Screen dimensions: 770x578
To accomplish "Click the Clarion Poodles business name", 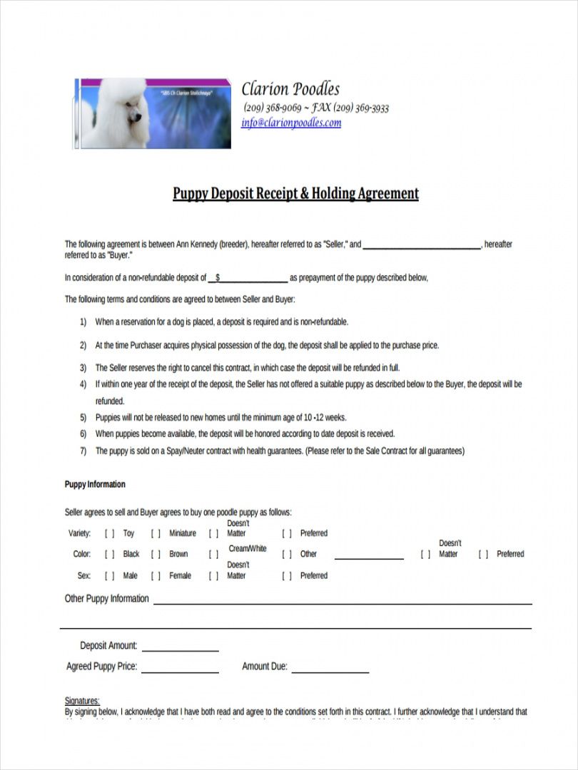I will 290,89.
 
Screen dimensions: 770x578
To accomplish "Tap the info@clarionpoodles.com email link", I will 291,123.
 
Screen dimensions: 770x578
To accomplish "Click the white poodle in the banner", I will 118,114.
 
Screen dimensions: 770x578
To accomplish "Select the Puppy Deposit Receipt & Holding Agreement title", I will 295,193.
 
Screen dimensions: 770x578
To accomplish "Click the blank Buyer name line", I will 422,245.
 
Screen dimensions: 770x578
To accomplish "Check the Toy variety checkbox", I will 110,533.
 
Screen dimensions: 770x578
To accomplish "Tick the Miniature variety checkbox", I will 156,533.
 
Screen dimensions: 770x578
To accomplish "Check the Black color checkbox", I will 110,554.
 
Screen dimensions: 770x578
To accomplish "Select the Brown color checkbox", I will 156,554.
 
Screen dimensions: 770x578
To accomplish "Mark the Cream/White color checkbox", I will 213,554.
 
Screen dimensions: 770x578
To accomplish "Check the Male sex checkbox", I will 110,575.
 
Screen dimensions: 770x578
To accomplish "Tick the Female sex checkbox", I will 156,575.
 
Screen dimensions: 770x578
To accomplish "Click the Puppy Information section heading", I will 95,485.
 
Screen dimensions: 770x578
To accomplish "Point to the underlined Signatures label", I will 82,701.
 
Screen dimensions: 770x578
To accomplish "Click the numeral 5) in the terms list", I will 83,418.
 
